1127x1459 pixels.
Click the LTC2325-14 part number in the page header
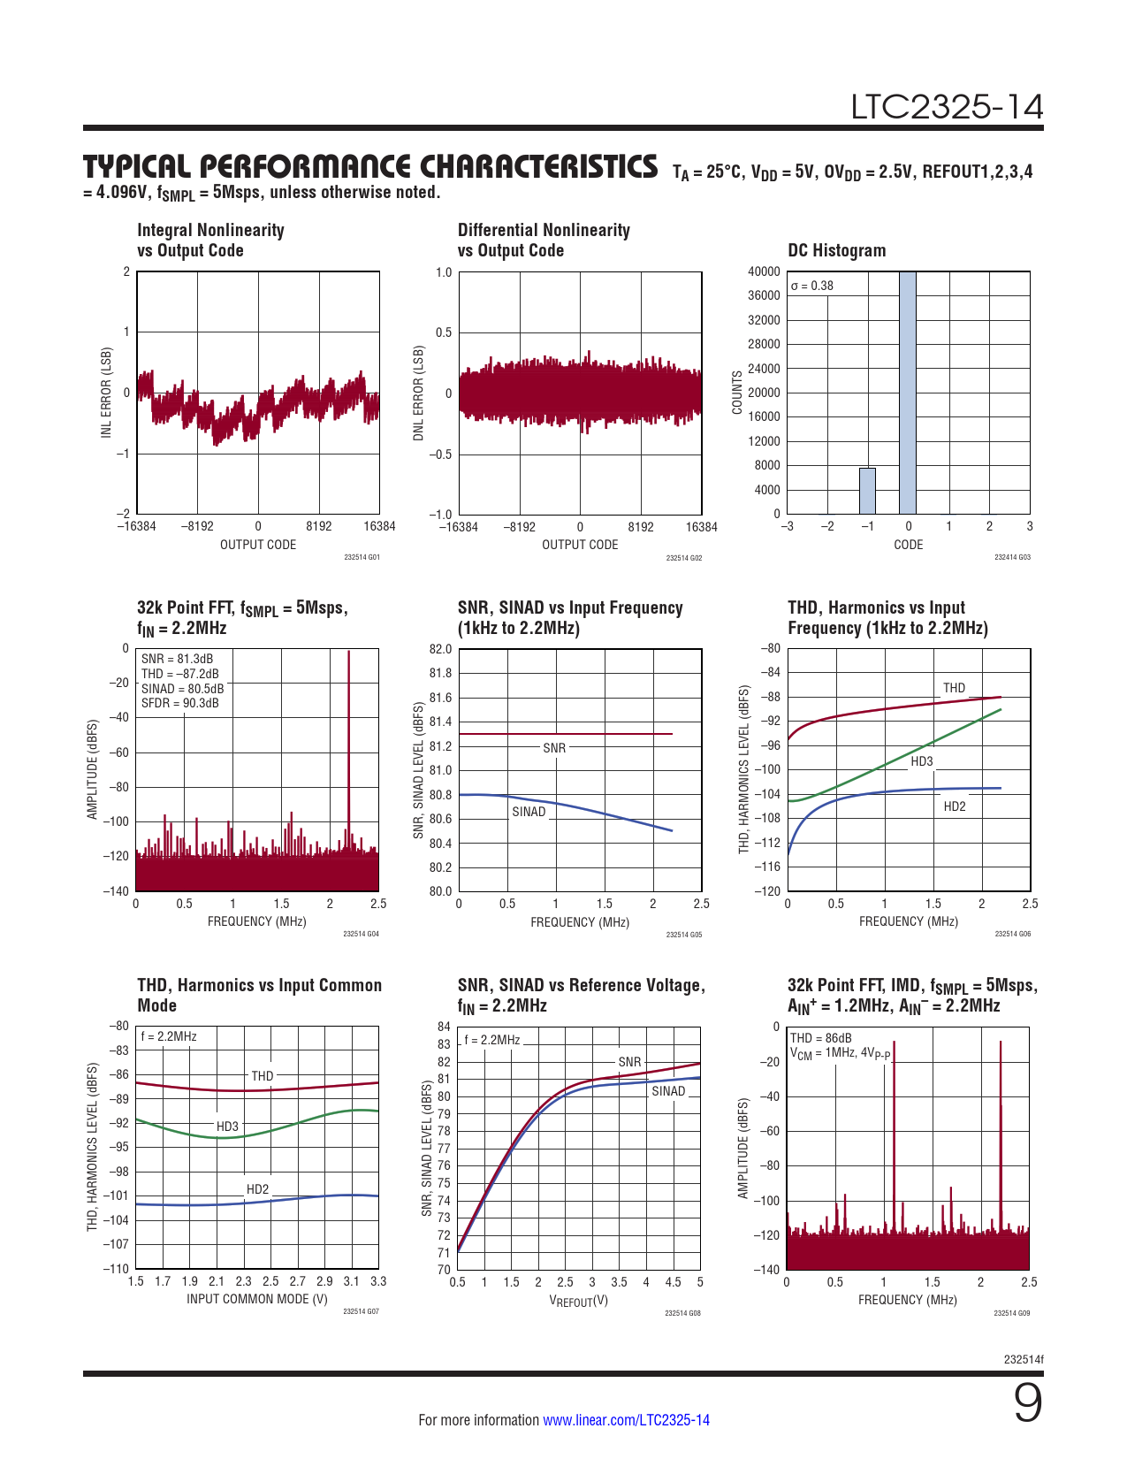947,107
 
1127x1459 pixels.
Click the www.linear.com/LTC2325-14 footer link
626,1420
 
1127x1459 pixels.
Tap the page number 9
1027,1403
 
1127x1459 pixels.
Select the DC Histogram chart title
836,250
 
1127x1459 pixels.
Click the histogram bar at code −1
867,491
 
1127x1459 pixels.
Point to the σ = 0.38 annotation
811,286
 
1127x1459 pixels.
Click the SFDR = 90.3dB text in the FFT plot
180,703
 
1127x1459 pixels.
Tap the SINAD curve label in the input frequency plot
529,812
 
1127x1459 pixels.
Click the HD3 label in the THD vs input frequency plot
922,761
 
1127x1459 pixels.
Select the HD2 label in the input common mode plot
257,1189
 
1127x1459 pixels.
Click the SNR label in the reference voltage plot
629,1062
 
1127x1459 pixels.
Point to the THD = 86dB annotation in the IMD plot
821,1038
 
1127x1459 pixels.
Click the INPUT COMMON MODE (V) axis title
257,1299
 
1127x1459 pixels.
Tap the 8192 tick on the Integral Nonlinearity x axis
319,526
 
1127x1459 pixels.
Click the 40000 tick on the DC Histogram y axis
764,271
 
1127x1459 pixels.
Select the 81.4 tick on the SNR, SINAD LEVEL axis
440,722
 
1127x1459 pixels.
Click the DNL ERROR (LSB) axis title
419,393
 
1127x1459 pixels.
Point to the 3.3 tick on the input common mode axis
378,1281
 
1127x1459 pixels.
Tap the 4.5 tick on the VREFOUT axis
673,1282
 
